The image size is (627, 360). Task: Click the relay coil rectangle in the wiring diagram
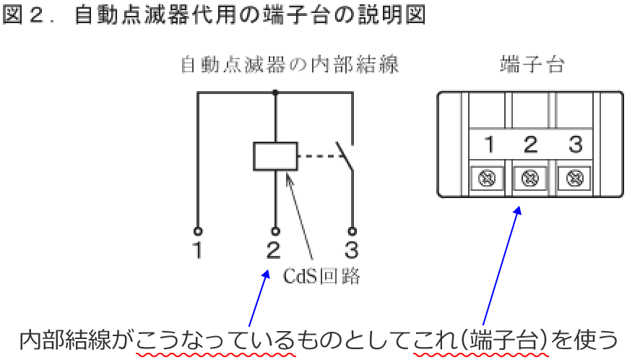coord(274,156)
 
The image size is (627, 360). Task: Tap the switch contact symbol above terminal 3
coord(345,155)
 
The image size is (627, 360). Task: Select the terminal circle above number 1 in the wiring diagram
coord(198,231)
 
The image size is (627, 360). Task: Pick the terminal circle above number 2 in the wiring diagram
coord(274,231)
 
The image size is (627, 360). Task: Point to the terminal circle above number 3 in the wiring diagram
coord(353,231)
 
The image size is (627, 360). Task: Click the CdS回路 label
coord(322,276)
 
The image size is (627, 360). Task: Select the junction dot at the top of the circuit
coord(275,93)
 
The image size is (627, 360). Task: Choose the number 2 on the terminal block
coord(531,145)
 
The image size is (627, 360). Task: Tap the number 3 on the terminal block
coord(575,145)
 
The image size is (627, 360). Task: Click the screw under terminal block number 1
coord(488,176)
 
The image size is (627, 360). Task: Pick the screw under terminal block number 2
coord(531,176)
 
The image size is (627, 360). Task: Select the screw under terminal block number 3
coord(575,176)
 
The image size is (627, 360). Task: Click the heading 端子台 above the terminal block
coord(532,65)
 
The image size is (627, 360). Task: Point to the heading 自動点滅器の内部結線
coord(289,65)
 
